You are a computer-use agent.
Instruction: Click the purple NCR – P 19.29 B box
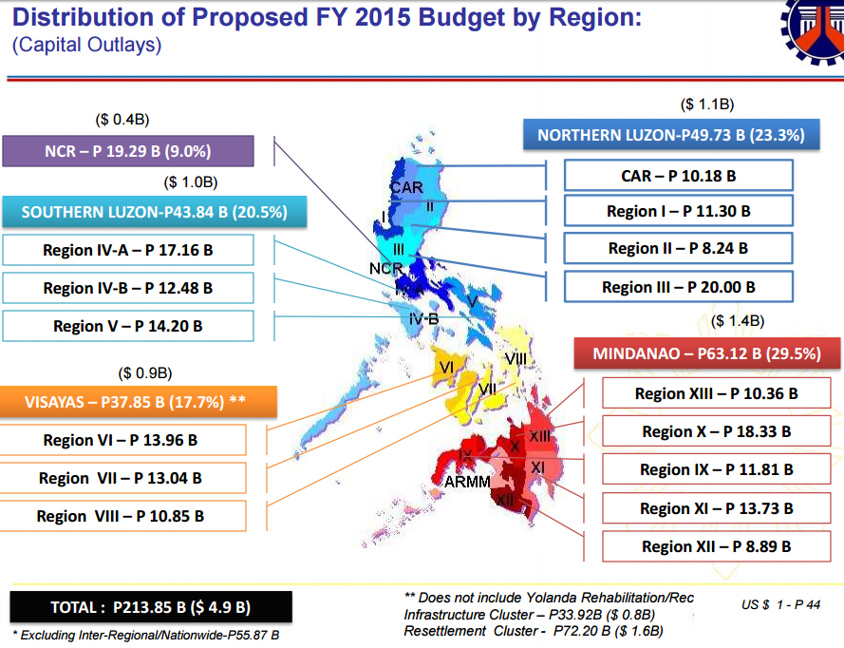coord(128,151)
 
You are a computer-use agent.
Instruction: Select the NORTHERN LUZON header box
coord(670,135)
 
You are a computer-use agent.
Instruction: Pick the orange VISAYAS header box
coord(139,401)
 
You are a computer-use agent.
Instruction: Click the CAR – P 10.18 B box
coord(678,176)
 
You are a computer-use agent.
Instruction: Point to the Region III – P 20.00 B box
coord(678,287)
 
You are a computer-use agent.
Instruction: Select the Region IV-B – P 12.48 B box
coord(128,288)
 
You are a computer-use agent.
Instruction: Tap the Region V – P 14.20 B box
coord(128,326)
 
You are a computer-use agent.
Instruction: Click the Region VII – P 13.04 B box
coord(123,478)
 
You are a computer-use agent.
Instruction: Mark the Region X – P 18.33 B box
coord(716,431)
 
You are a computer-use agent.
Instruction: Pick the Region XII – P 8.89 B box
coord(716,546)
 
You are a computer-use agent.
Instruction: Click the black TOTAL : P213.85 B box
coord(151,607)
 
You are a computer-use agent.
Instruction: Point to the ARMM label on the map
coord(467,482)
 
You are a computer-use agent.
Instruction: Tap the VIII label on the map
coord(516,359)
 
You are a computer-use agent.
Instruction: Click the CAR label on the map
coord(406,187)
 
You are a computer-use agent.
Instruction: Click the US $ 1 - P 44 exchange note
coord(781,604)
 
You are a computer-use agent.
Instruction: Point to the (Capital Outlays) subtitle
coord(87,45)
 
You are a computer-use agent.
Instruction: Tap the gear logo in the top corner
coord(814,33)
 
